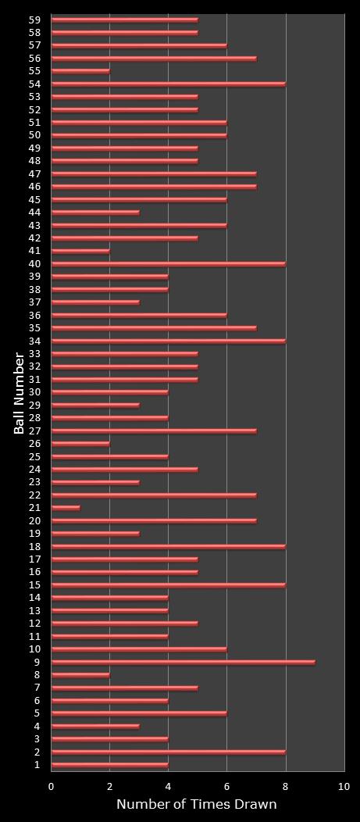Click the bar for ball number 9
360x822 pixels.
[x=183, y=662]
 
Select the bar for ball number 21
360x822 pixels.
[x=66, y=508]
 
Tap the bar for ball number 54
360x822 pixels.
[x=168, y=84]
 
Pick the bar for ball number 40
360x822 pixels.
[x=168, y=263]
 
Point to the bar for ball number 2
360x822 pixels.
[x=168, y=752]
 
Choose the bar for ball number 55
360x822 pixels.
[x=80, y=71]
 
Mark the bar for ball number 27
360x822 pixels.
[x=154, y=431]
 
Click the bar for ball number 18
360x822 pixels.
[x=168, y=546]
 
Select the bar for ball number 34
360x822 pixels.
[x=168, y=341]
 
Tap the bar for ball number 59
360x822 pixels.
[x=124, y=20]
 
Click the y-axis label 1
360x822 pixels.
[x=37, y=765]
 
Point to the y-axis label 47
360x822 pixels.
[x=34, y=173]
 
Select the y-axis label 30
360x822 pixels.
[x=34, y=392]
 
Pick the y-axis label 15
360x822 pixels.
[x=34, y=584]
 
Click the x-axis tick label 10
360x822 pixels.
[x=344, y=786]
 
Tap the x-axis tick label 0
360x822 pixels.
[x=52, y=786]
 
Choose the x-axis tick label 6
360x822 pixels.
[x=227, y=786]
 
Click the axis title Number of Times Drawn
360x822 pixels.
[x=197, y=805]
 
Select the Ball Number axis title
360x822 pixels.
[x=19, y=393]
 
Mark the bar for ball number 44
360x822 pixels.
[x=95, y=212]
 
